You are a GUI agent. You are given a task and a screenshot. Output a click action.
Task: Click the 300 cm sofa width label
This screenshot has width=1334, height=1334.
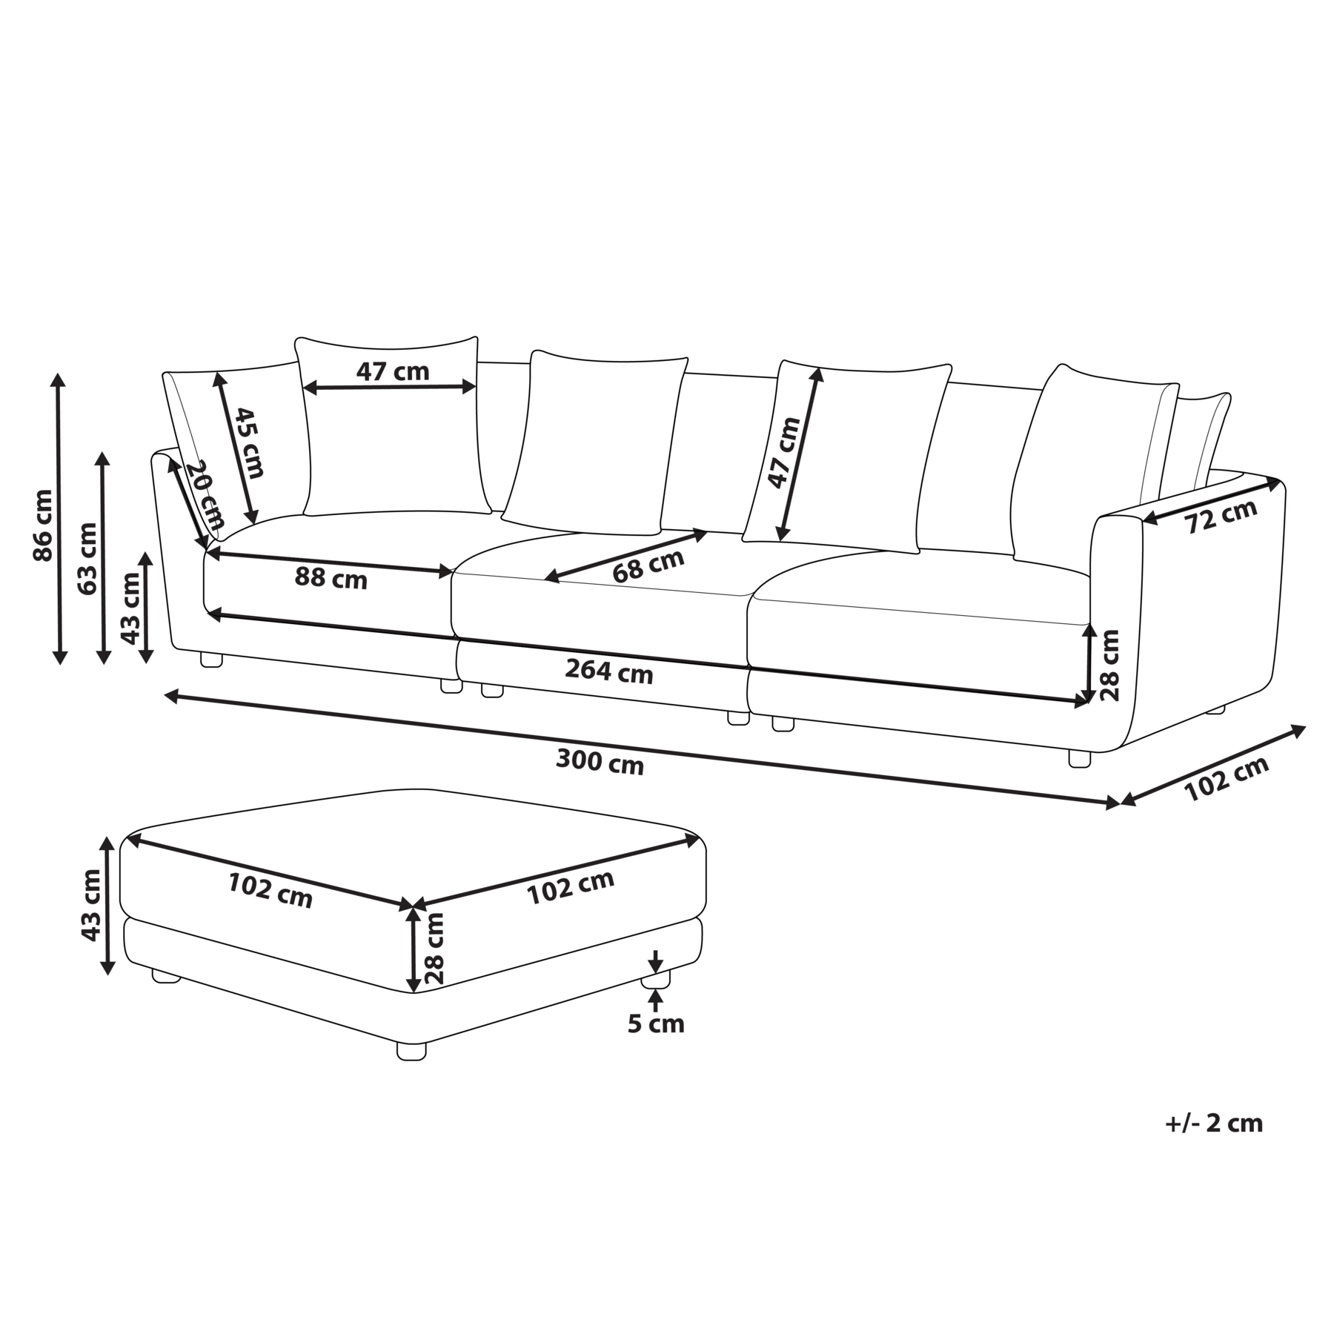click(x=600, y=762)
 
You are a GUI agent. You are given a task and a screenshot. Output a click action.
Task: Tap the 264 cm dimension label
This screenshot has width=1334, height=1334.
click(x=609, y=671)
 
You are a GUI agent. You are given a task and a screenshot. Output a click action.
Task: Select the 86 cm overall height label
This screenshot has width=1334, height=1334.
click(x=44, y=525)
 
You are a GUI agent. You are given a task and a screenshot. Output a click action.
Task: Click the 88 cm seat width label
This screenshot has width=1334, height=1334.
click(x=331, y=577)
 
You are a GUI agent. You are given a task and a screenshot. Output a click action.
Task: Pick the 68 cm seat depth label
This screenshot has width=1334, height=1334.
click(x=648, y=566)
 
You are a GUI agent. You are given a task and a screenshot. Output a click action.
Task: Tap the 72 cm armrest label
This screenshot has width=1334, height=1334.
click(x=1221, y=516)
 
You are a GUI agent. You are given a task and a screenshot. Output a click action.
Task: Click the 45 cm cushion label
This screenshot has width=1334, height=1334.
click(x=249, y=442)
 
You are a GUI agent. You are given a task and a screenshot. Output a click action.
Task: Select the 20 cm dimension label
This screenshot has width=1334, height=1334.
click(x=204, y=494)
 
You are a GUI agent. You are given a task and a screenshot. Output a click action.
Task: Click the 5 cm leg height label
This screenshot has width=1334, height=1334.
click(x=656, y=1024)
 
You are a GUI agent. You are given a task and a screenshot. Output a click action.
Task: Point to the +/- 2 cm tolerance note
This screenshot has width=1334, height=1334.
click(x=1213, y=1123)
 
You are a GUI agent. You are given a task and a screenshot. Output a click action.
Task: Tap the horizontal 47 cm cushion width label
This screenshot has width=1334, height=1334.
click(x=393, y=371)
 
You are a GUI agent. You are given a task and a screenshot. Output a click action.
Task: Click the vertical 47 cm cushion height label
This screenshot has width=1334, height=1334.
click(x=784, y=453)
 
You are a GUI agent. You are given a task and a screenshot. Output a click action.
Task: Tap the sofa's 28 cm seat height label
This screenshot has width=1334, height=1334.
click(x=1109, y=665)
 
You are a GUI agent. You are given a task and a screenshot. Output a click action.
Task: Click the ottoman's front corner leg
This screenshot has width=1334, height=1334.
click(x=411, y=1050)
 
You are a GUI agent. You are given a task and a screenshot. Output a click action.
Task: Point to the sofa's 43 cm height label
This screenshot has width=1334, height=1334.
click(x=130, y=608)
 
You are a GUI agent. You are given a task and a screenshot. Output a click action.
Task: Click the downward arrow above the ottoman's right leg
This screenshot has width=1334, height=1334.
click(x=655, y=962)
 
